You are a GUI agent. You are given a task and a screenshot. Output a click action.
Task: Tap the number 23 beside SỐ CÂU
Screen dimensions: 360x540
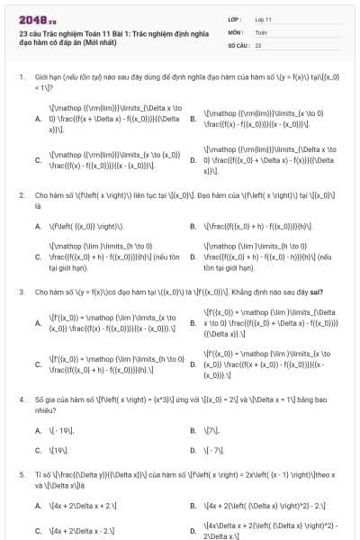pyautogui.click(x=258, y=44)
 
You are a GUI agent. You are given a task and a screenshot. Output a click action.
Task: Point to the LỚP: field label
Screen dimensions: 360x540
pyautogui.click(x=235, y=19)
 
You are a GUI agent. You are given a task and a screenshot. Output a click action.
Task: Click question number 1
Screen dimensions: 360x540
pyautogui.click(x=21, y=77)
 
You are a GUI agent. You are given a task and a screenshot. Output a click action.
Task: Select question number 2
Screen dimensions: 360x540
pyautogui.click(x=21, y=194)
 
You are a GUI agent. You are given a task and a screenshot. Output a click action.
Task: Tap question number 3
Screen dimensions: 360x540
pyautogui.click(x=21, y=292)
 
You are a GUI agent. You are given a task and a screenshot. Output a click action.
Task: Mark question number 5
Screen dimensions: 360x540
pyautogui.click(x=21, y=473)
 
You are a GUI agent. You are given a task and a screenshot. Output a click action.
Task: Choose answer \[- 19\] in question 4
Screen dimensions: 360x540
pyautogui.click(x=62, y=431)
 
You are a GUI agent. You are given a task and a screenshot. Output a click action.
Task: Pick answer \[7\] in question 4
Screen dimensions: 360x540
pyautogui.click(x=213, y=431)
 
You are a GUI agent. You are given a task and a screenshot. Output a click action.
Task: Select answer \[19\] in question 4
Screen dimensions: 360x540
pyautogui.click(x=60, y=450)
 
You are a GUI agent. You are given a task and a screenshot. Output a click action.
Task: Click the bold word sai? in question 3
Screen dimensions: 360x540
pyautogui.click(x=316, y=292)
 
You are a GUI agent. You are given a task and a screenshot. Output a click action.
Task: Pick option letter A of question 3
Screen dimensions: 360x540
pyautogui.click(x=38, y=323)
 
